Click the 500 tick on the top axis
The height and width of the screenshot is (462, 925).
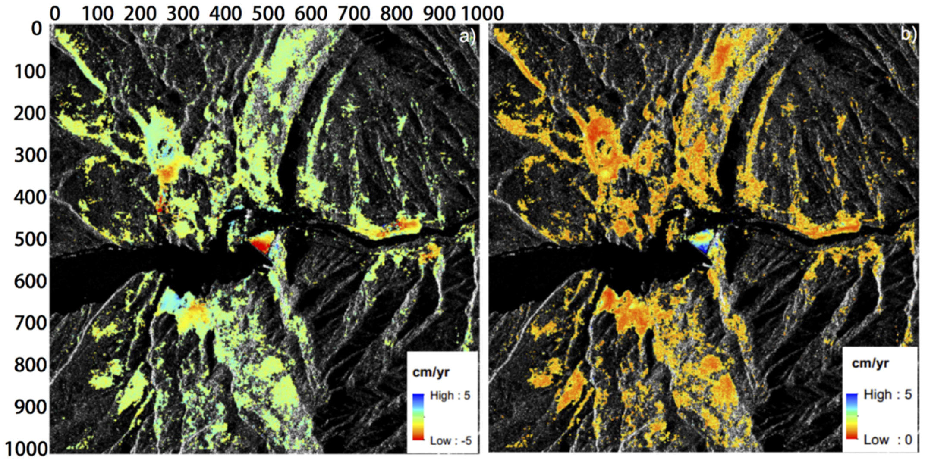[268, 13]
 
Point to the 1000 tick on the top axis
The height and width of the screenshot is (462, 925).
[482, 13]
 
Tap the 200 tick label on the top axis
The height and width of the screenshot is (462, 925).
[140, 13]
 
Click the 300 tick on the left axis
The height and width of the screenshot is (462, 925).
[30, 156]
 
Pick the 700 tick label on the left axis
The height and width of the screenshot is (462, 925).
[30, 323]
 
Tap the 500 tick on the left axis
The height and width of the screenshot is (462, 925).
[30, 240]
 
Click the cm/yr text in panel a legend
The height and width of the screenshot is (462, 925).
[431, 372]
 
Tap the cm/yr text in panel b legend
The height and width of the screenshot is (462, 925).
[870, 363]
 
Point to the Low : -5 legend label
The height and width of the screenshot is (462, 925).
[450, 441]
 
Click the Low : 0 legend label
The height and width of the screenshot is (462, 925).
[887, 440]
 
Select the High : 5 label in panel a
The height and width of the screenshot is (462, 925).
[450, 396]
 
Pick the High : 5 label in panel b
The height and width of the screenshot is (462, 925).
[887, 394]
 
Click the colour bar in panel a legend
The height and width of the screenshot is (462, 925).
[418, 417]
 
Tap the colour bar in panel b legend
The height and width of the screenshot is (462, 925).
[851, 416]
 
